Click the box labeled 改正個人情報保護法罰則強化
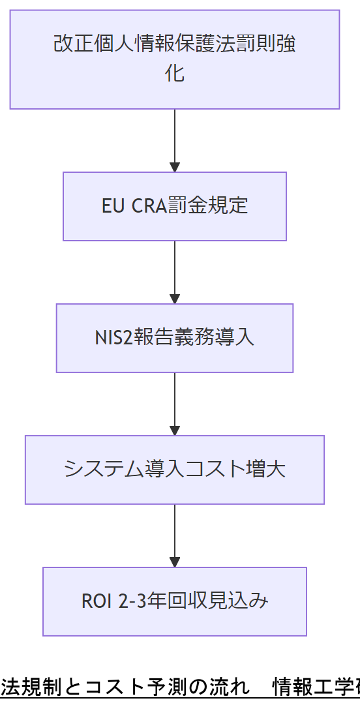175,59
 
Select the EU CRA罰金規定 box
175,206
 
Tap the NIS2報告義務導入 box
175,338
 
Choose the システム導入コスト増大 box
175,470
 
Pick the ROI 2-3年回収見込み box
175,601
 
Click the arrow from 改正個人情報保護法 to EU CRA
175,140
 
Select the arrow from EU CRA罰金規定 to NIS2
175,272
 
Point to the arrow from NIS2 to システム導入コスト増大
175,404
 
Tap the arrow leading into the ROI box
175,535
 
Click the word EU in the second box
112,206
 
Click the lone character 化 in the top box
175,74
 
